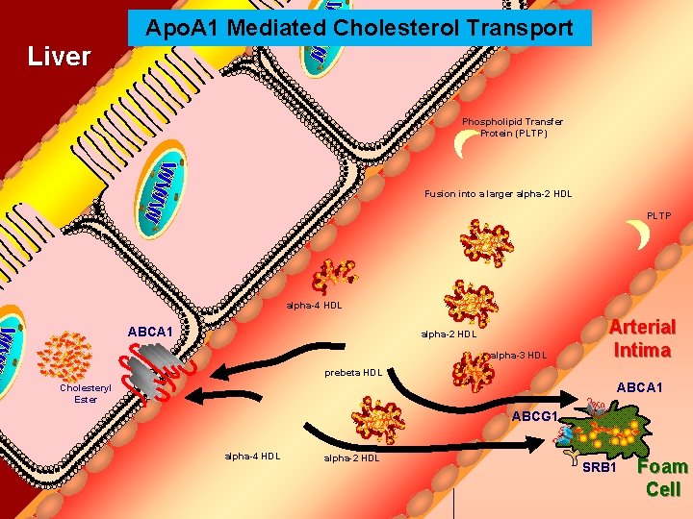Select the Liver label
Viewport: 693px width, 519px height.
pyautogui.click(x=59, y=57)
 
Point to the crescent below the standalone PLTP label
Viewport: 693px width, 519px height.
pyautogui.click(x=637, y=235)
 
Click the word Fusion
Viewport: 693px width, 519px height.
pyautogui.click(x=440, y=194)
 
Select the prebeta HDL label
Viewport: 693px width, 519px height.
pyautogui.click(x=353, y=373)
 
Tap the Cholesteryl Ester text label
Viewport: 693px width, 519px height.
pyautogui.click(x=78, y=393)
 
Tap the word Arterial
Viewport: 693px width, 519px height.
pyautogui.click(x=642, y=328)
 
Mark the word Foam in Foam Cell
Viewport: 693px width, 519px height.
pyautogui.click(x=663, y=468)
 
